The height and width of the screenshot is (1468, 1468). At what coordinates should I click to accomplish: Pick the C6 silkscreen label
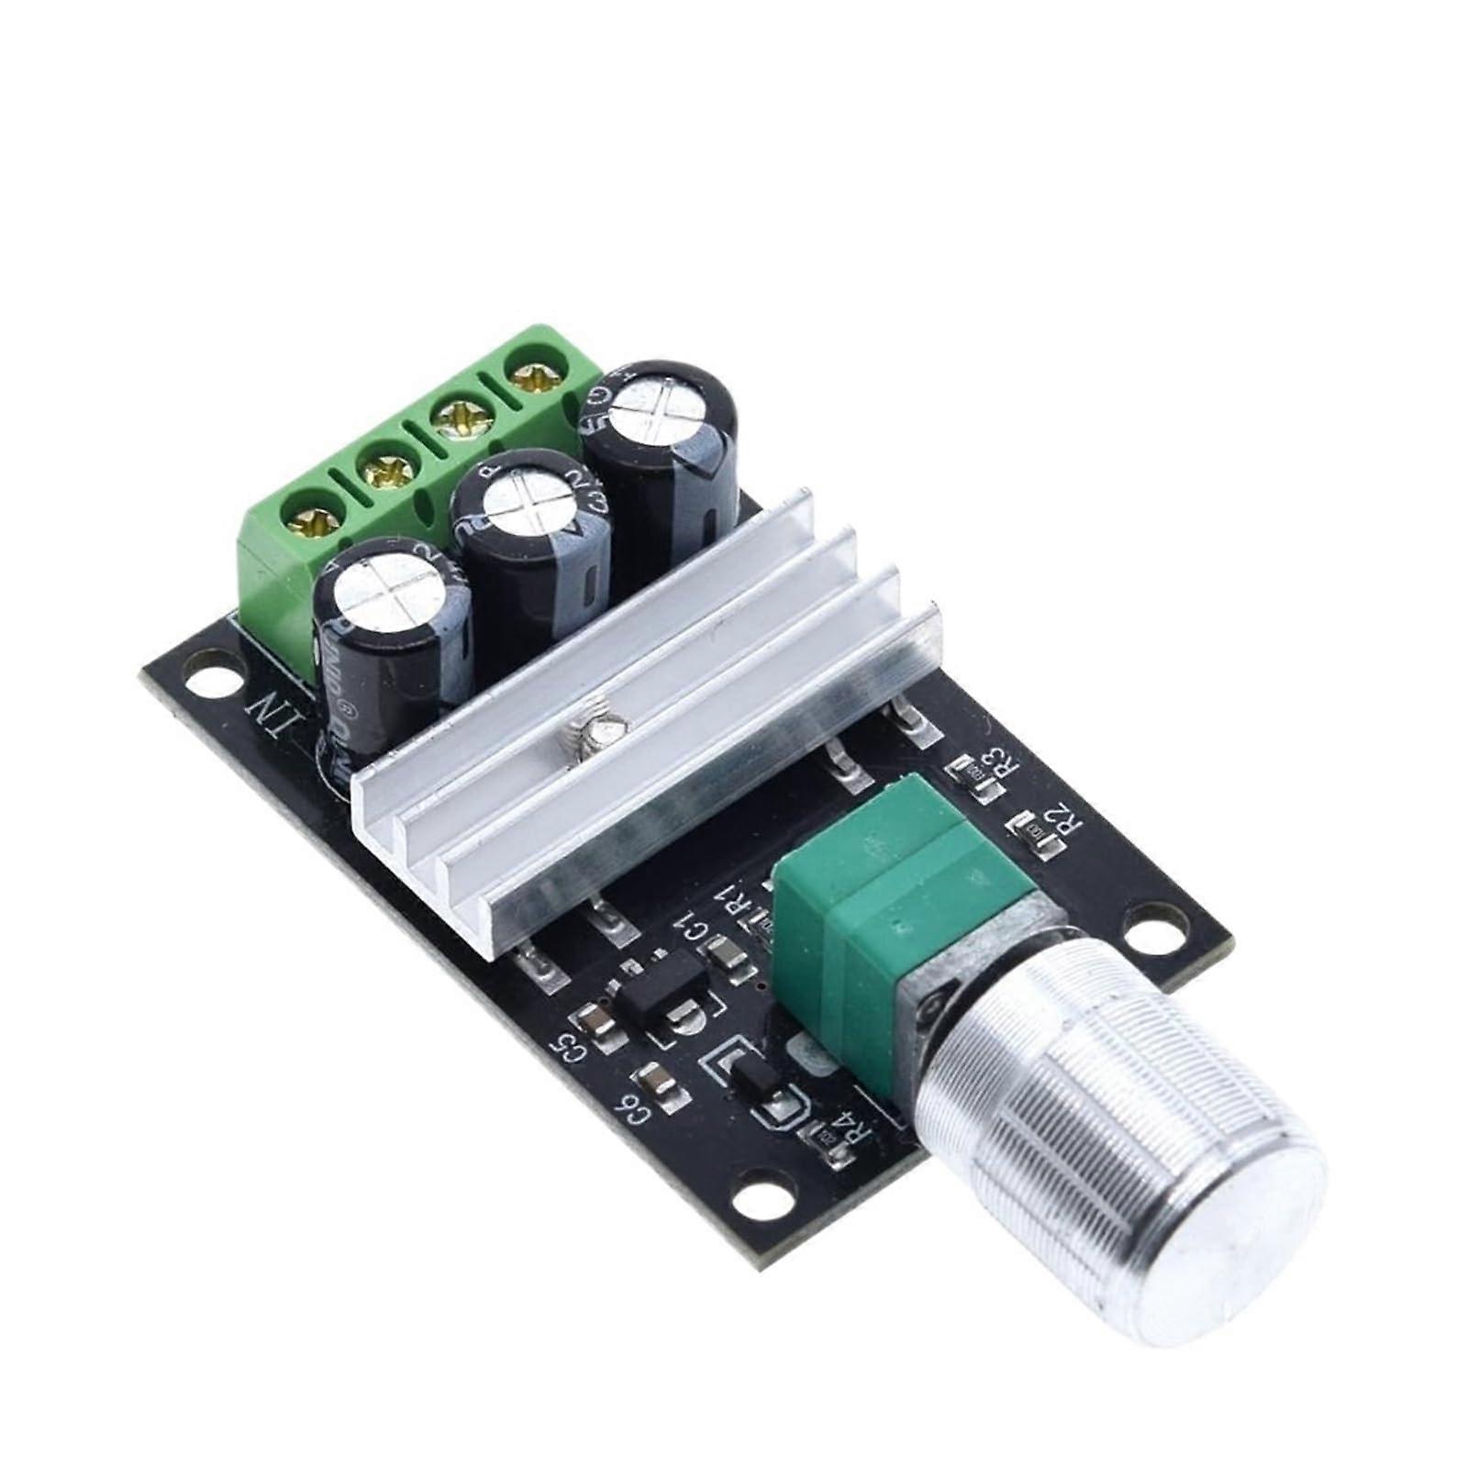[633, 1114]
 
